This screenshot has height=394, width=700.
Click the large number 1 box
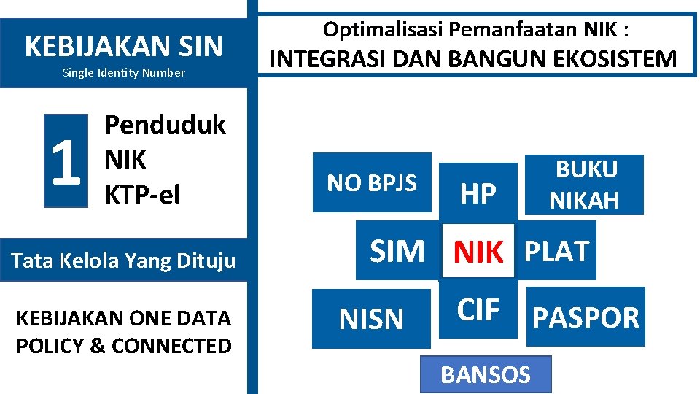coord(66,161)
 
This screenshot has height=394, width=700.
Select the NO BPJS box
coord(372,182)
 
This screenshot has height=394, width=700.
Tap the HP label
coord(479,193)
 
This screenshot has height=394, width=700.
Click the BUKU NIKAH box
coord(584,184)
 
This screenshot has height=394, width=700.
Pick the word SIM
coord(397,252)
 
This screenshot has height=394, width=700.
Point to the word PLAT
coord(557,250)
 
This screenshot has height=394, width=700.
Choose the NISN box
coord(372,319)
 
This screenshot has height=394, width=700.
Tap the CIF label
coord(478,310)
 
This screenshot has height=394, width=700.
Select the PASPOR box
coord(586,317)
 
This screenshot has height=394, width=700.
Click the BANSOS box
coord(486,374)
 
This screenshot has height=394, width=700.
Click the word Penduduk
coord(166,125)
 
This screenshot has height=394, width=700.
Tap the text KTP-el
coord(142,195)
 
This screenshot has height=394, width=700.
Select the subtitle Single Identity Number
coord(124,72)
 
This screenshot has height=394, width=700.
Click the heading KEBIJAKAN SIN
coord(124,46)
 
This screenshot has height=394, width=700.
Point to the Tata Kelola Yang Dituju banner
coord(124,260)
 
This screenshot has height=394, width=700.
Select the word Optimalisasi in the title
coord(384,30)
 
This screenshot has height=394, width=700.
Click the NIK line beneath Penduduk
coord(125,160)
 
